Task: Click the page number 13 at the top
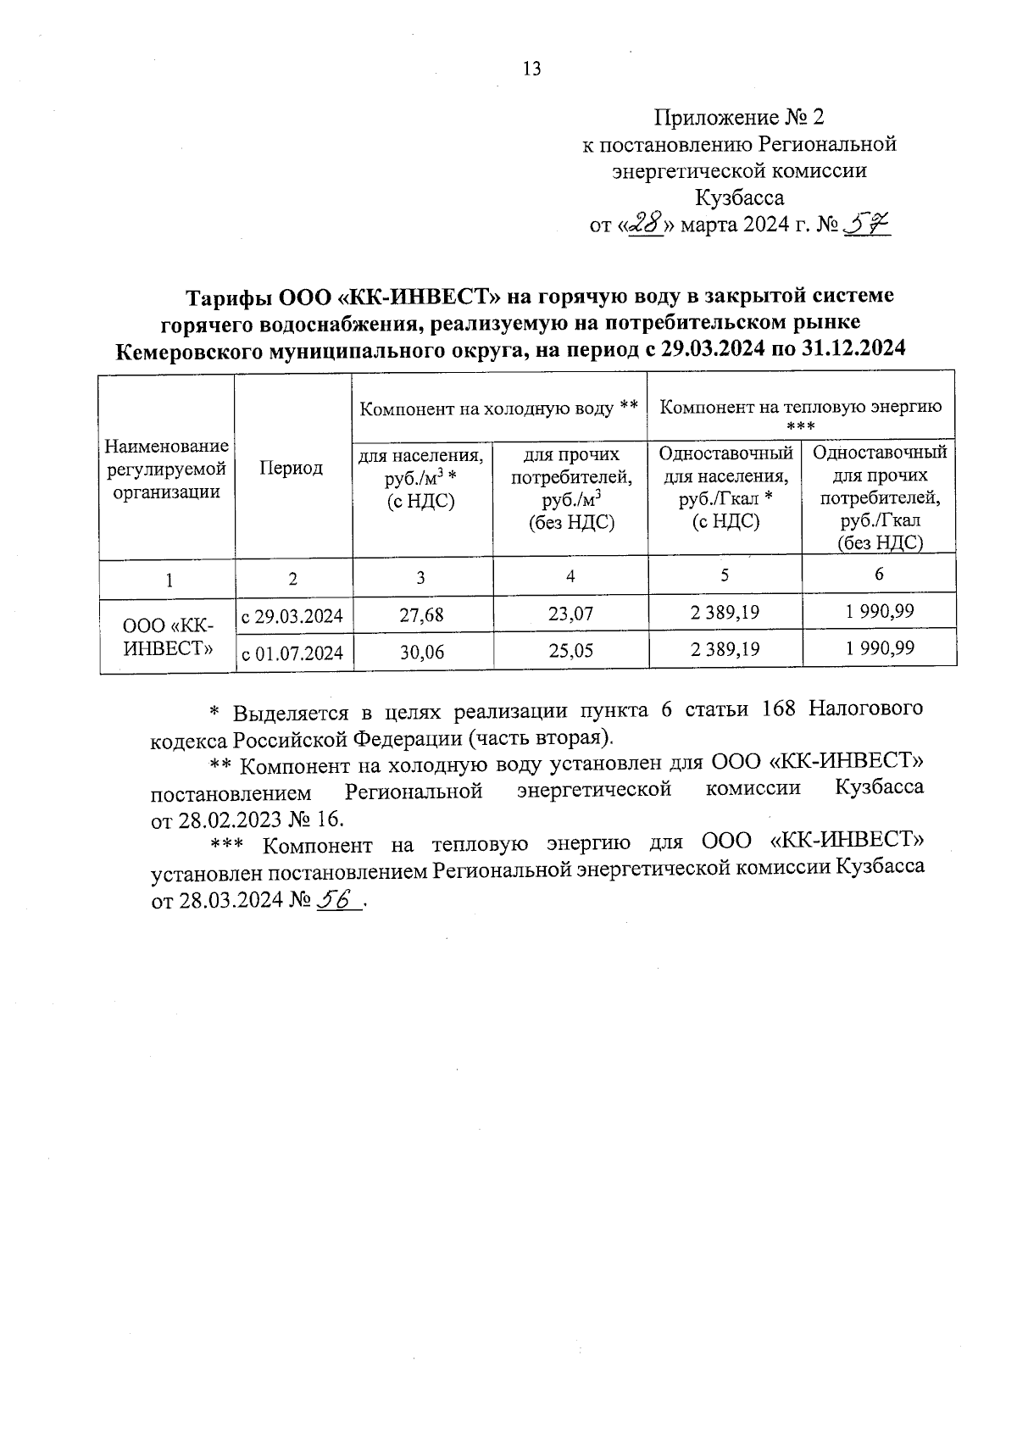(x=532, y=69)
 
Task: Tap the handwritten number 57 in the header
(x=865, y=225)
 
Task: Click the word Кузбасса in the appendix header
(x=739, y=198)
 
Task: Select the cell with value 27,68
(x=421, y=614)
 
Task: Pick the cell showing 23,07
(x=570, y=614)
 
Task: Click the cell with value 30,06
(x=421, y=651)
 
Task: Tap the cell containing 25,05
(x=570, y=651)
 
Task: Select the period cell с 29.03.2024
(x=292, y=615)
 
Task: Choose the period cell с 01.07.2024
(x=292, y=653)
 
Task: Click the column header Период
(x=291, y=468)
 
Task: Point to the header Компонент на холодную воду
(x=498, y=408)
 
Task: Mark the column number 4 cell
(x=570, y=576)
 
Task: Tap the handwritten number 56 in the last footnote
(x=337, y=901)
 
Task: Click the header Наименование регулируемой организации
(x=167, y=469)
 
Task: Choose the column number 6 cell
(x=879, y=575)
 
